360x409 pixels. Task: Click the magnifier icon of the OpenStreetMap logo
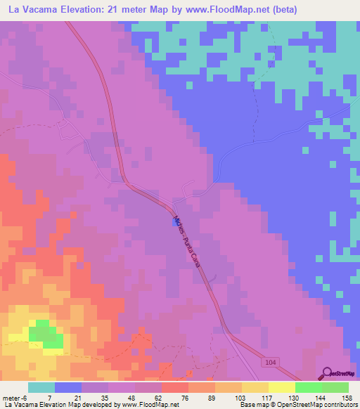coord(326,372)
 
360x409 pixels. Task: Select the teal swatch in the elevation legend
coord(41,387)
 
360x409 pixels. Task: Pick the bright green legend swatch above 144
coord(308,387)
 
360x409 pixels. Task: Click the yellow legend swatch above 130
coord(281,387)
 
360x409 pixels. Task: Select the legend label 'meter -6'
coord(15,397)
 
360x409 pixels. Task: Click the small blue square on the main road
coord(174,221)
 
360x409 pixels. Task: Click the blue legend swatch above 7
coord(68,387)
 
